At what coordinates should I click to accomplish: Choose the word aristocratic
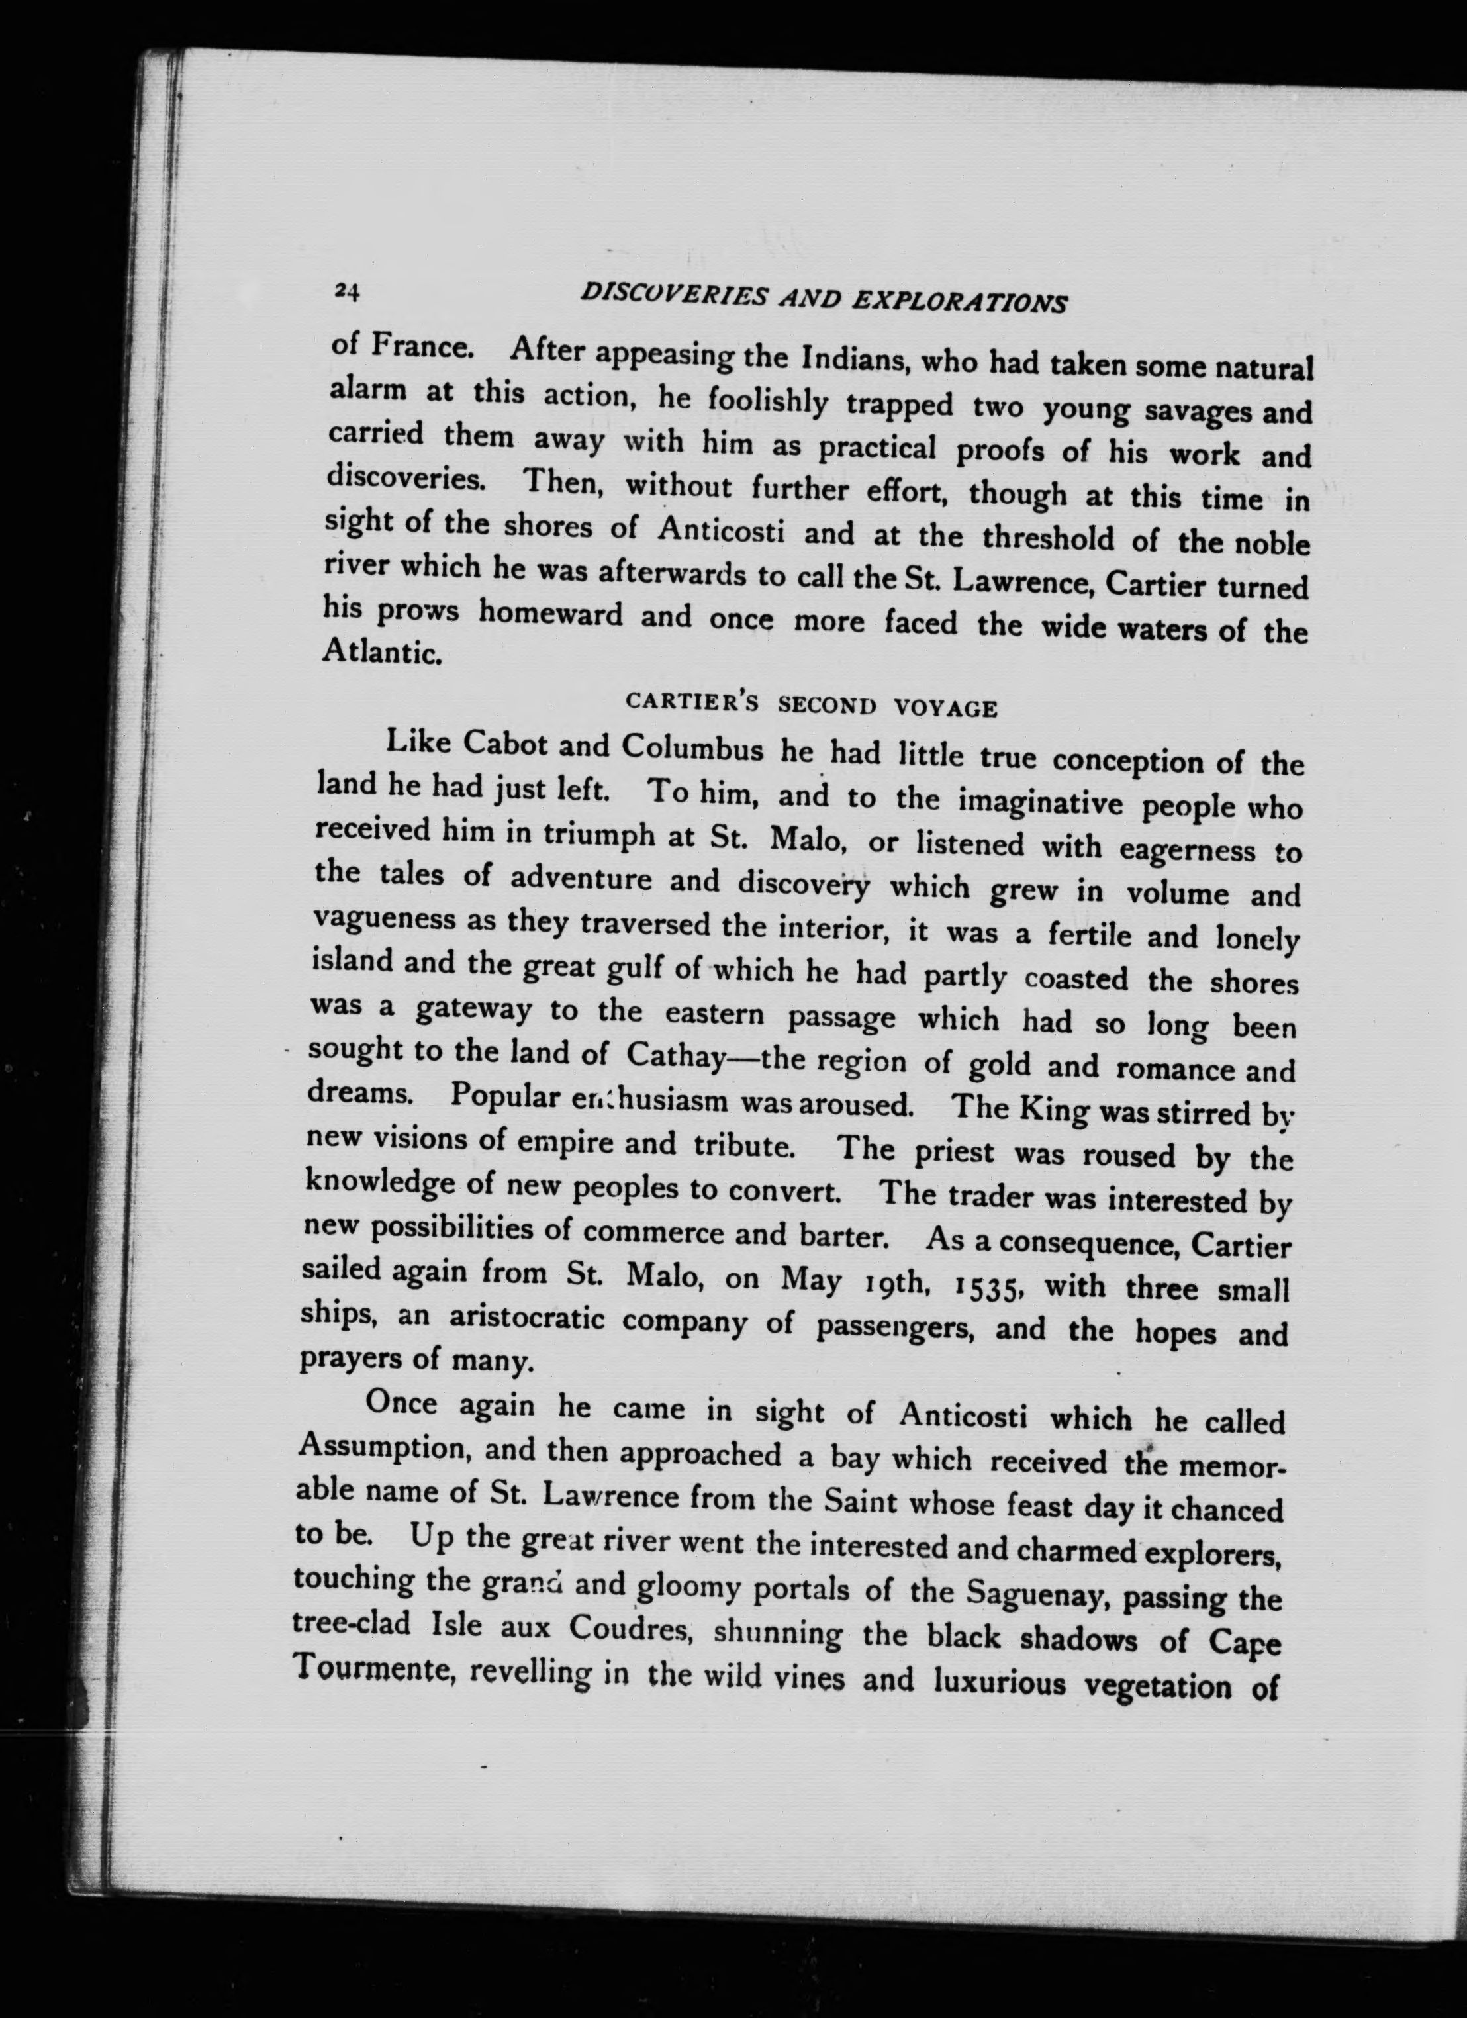(520, 1320)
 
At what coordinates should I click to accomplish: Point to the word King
(1051, 1109)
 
